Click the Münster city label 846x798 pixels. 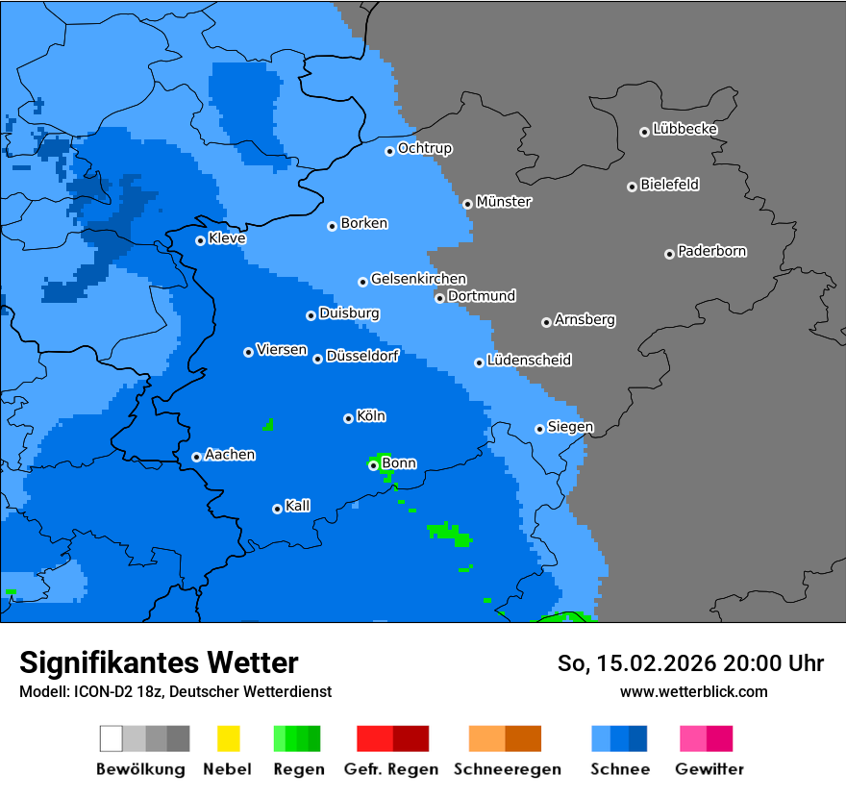coord(504,202)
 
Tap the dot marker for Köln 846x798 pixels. coord(348,418)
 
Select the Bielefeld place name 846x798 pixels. coord(669,185)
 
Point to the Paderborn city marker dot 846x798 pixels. coord(669,254)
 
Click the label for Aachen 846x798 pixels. coord(230,455)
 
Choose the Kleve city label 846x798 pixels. coord(227,238)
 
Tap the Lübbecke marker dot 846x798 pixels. coord(644,132)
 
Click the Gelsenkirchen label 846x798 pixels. coord(418,279)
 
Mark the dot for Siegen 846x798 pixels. coord(539,429)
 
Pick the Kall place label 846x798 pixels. coord(298,506)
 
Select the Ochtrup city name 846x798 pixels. coord(425,149)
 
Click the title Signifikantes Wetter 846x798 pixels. coord(159,662)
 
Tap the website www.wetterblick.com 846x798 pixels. coord(693,691)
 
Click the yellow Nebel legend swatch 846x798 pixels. coord(228,738)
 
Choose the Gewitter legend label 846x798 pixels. coord(709,769)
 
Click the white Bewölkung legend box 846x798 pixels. coord(112,738)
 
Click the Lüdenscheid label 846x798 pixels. coord(529,361)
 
